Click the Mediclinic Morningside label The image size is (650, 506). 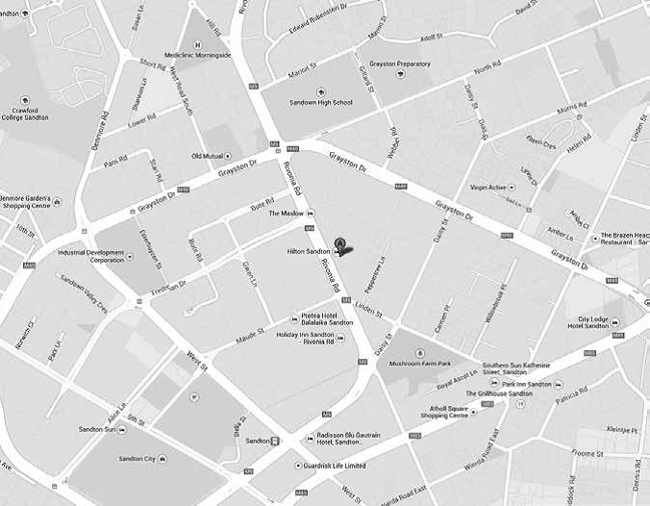click(199, 56)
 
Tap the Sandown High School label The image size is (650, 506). click(321, 102)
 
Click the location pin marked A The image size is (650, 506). click(339, 244)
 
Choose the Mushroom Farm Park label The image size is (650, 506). click(419, 364)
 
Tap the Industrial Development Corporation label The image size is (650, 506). click(91, 256)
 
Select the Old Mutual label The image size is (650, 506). click(208, 156)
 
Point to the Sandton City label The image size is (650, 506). click(136, 459)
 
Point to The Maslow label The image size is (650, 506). click(286, 213)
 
